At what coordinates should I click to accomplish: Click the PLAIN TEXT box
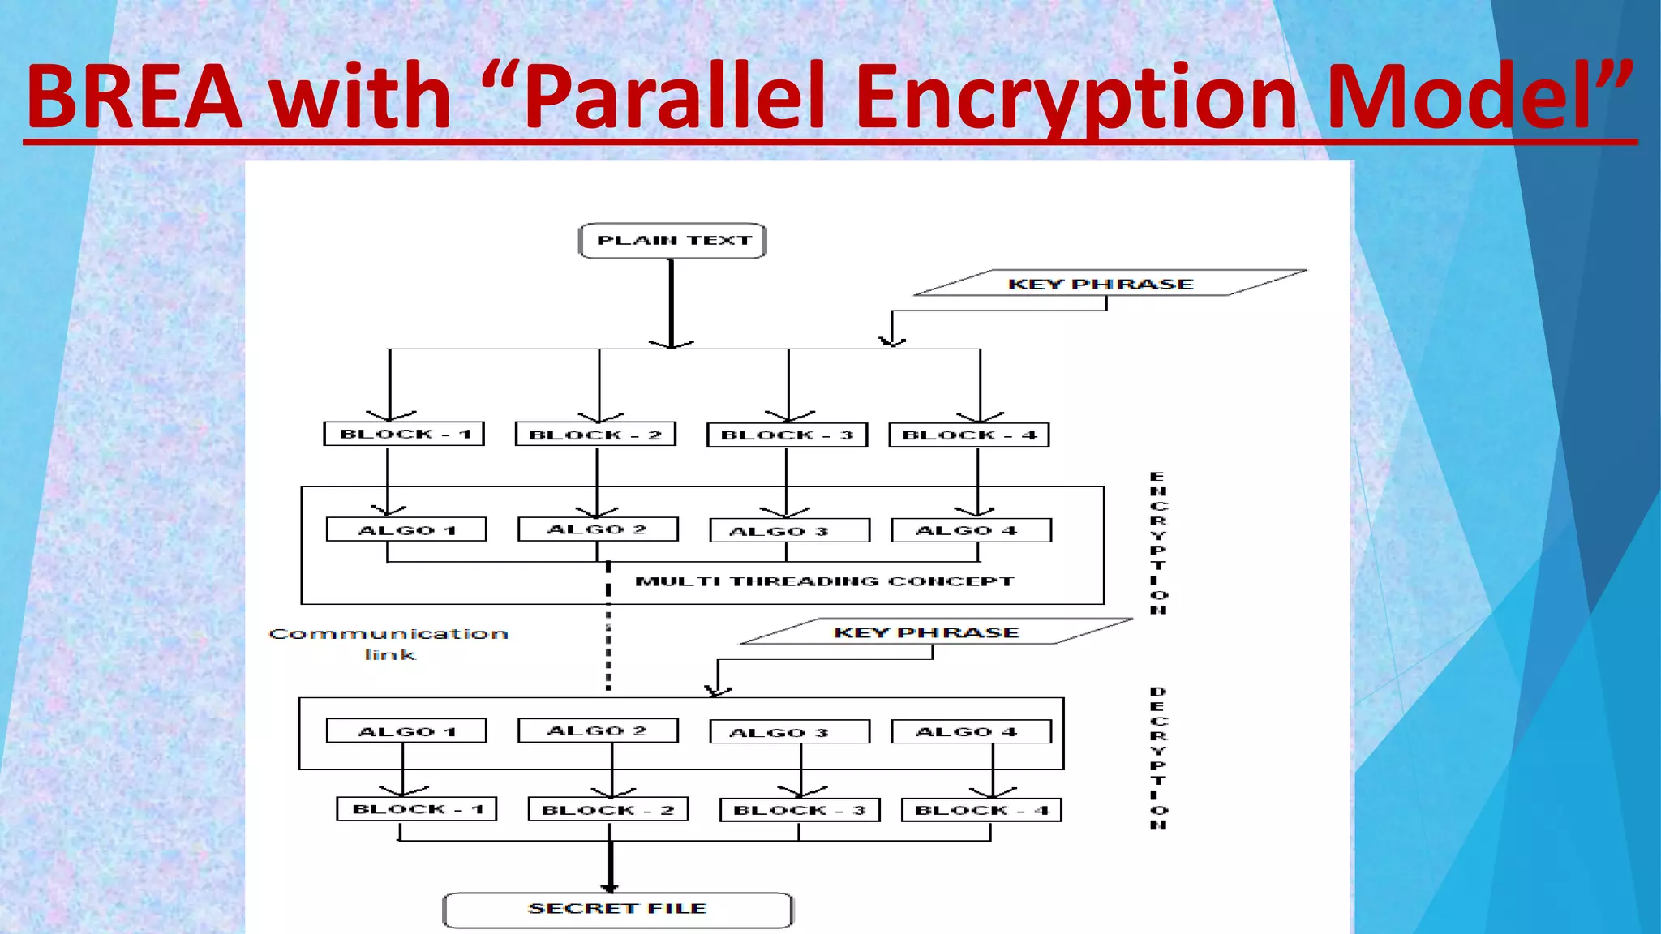(672, 241)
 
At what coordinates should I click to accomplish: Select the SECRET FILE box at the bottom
(617, 909)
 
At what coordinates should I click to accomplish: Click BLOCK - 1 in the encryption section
(404, 434)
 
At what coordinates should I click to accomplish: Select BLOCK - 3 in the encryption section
(787, 435)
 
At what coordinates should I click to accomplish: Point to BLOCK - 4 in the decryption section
(981, 810)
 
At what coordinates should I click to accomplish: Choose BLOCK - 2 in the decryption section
(608, 810)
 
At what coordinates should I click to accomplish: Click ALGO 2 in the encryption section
(598, 529)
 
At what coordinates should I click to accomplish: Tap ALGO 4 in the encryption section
(971, 530)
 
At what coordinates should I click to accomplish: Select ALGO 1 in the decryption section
(406, 731)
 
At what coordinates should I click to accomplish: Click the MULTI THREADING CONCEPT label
(824, 581)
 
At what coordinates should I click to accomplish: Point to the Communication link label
(388, 644)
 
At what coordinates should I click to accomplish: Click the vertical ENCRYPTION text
(1158, 542)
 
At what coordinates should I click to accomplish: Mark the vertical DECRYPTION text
(1158, 758)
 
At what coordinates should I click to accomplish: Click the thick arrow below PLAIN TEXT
(672, 304)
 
